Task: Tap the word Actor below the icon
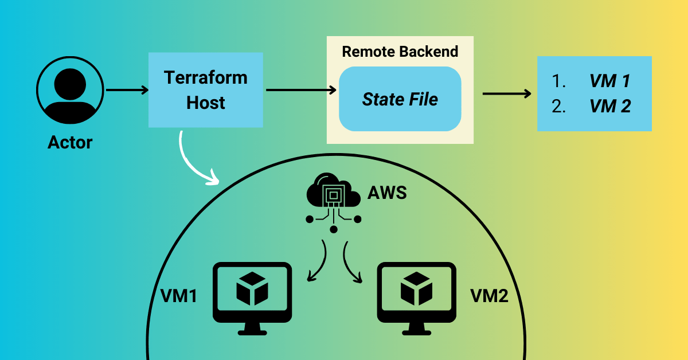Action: (x=70, y=142)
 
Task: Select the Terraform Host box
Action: (x=205, y=90)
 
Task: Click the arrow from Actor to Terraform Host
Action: (x=127, y=90)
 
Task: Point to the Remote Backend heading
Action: (x=400, y=52)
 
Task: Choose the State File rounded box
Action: (x=400, y=99)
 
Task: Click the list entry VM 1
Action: (x=609, y=81)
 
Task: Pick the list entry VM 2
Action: (x=609, y=107)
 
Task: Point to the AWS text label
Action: (x=387, y=193)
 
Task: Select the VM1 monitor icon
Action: (x=252, y=295)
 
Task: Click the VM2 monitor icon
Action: (x=416, y=295)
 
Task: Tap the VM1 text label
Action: (x=179, y=296)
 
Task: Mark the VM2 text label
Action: (x=489, y=296)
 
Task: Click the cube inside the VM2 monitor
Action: (x=416, y=288)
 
